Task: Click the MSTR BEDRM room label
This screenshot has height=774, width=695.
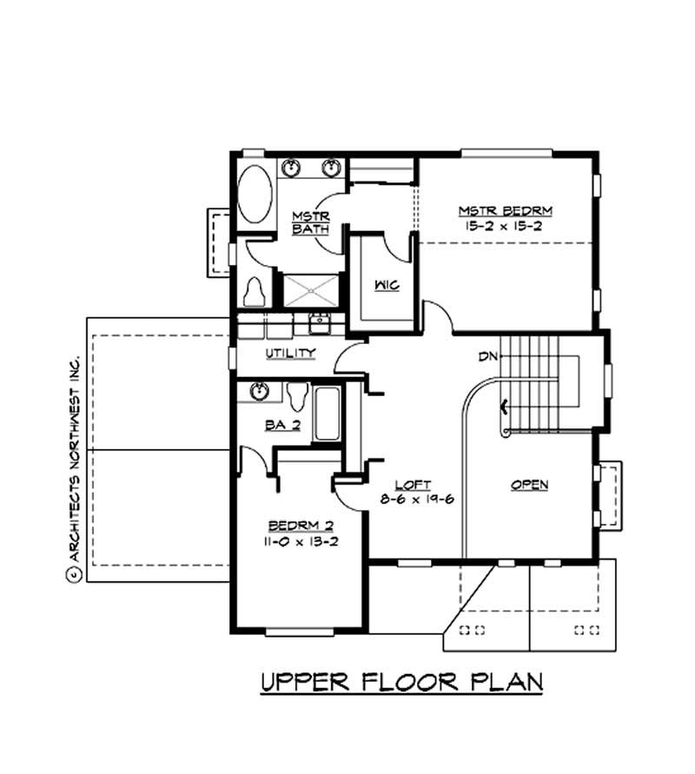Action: (506, 211)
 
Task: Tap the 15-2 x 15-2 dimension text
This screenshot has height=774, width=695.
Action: (506, 226)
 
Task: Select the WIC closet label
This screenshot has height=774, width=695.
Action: (387, 286)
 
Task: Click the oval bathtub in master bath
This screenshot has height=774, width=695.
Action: (255, 194)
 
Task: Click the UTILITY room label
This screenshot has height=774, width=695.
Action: (290, 354)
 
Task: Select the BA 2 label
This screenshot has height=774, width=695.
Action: (282, 426)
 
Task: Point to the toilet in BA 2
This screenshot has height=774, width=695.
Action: (296, 395)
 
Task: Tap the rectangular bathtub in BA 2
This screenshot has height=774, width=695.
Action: (327, 414)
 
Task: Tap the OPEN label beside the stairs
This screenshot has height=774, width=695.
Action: (529, 485)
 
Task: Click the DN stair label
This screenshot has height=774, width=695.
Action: (487, 356)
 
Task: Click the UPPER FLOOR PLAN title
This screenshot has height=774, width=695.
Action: (401, 682)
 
